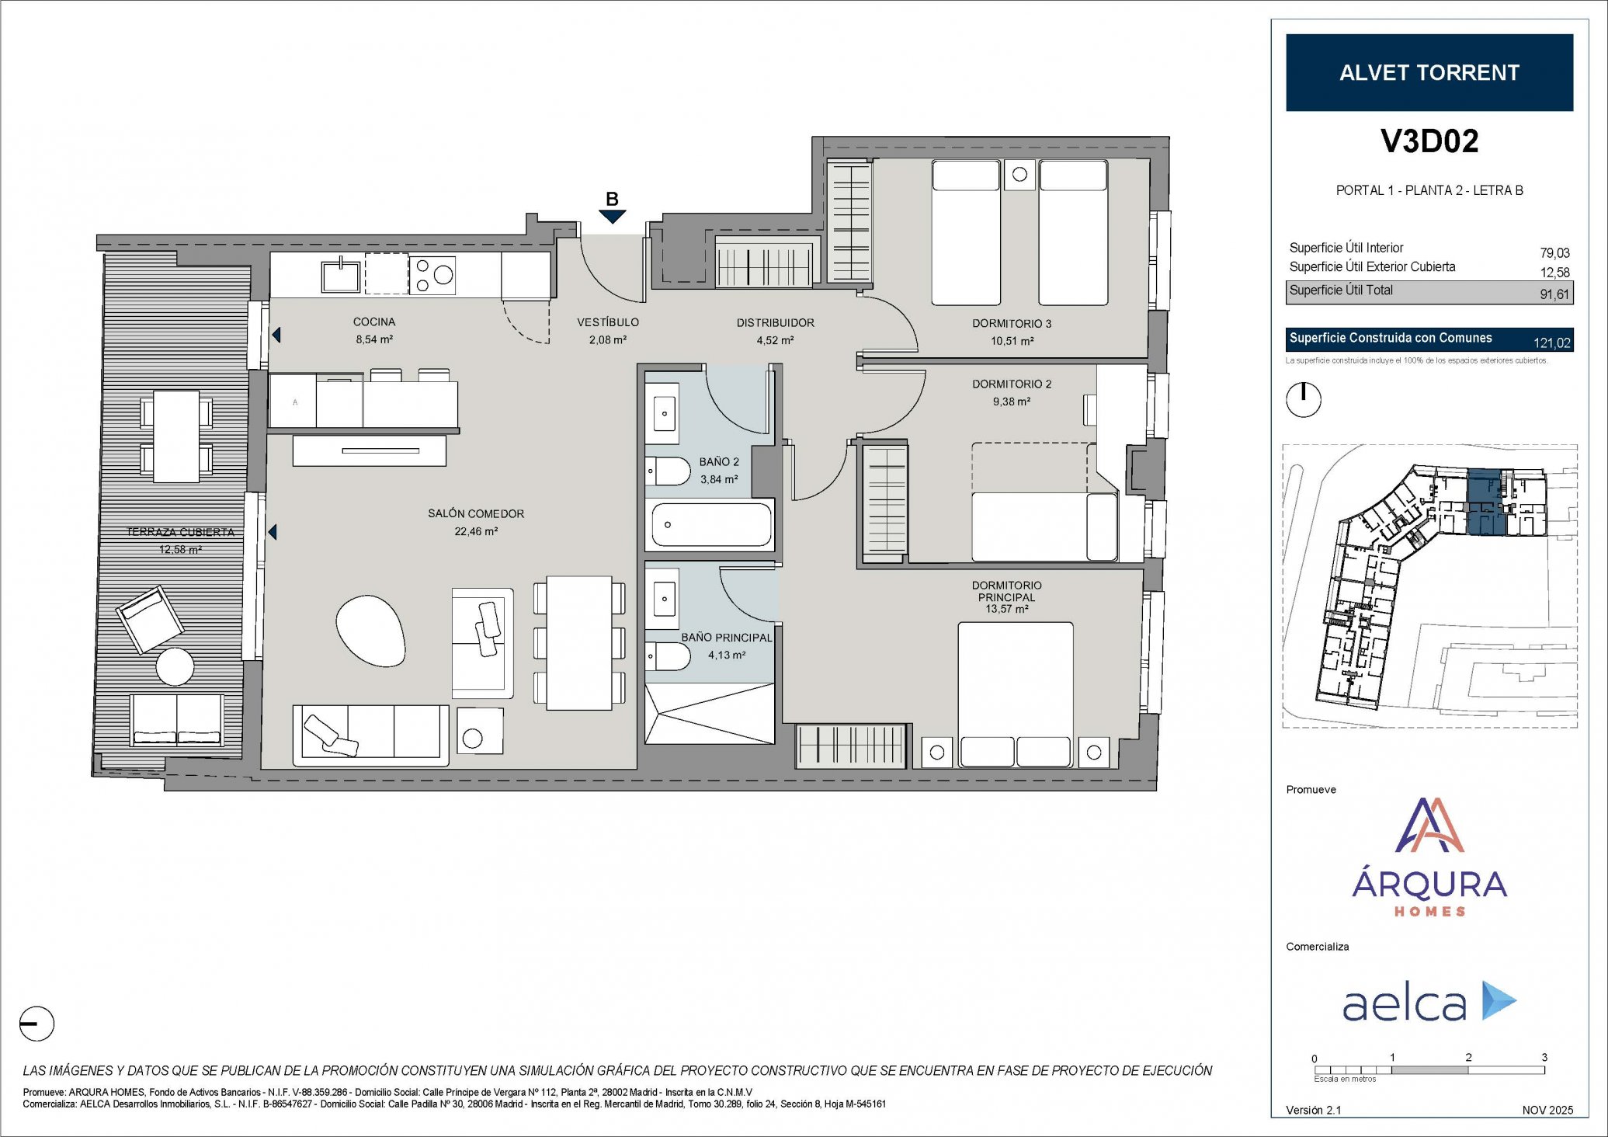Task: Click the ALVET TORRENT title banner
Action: click(x=1429, y=72)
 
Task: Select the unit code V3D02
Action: click(x=1429, y=141)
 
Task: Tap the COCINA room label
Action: click(x=374, y=322)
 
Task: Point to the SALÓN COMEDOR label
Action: click(x=476, y=513)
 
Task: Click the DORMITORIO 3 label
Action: click(x=1012, y=323)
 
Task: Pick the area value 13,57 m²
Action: click(x=1007, y=609)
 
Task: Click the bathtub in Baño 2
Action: click(x=712, y=525)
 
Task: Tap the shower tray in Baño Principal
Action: click(x=710, y=713)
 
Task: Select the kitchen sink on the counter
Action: click(x=341, y=275)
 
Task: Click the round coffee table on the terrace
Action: click(x=175, y=666)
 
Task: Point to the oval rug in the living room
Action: click(x=370, y=630)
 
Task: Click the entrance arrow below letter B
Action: click(x=612, y=217)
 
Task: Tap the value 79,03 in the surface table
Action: click(x=1554, y=253)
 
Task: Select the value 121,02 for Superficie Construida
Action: click(x=1551, y=342)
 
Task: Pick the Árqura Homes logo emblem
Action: click(x=1429, y=825)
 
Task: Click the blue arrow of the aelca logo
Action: click(x=1499, y=1000)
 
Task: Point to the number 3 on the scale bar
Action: click(x=1544, y=1057)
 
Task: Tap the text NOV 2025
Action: click(x=1547, y=1110)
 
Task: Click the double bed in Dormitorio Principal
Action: click(x=1016, y=694)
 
